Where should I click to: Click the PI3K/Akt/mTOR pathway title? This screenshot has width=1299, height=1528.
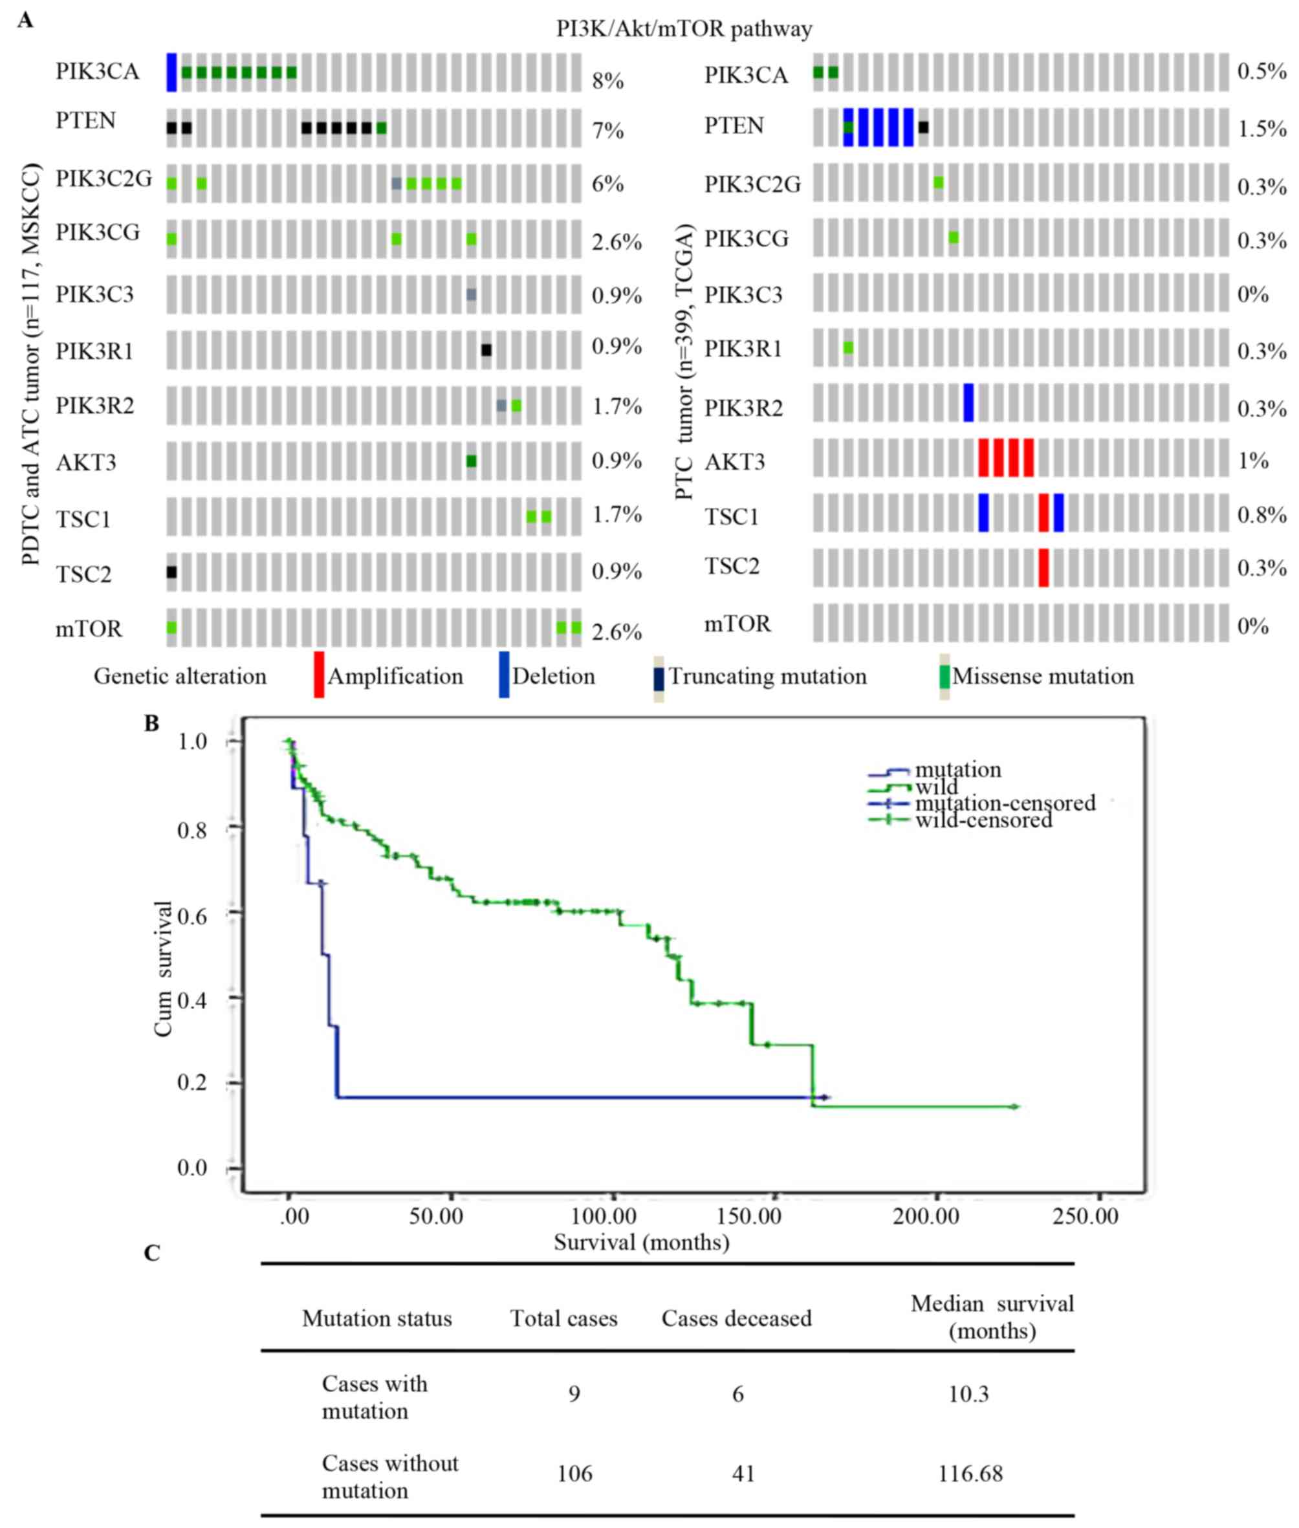tap(684, 28)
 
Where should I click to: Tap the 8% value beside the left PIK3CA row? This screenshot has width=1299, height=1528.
tap(607, 80)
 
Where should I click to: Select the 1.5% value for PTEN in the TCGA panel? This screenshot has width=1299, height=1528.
tap(1261, 129)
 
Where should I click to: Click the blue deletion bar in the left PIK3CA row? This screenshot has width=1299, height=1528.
tap(171, 72)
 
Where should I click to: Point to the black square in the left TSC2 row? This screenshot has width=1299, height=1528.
tap(171, 571)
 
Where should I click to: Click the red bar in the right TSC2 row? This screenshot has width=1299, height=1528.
tap(1043, 567)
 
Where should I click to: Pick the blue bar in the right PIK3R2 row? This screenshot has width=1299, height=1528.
tap(968, 403)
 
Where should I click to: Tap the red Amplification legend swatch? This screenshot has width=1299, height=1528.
tap(319, 674)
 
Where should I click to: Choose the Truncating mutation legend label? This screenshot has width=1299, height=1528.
tap(767, 676)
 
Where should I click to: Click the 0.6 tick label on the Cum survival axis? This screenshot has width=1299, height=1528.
tap(192, 915)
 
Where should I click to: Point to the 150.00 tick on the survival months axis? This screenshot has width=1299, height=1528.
tap(749, 1215)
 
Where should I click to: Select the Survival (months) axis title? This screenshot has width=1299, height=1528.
tap(641, 1242)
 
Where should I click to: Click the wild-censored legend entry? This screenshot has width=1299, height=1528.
tap(983, 820)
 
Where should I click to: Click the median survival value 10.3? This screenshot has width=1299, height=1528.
tap(968, 1393)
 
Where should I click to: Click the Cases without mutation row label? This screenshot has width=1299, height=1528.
tap(389, 1476)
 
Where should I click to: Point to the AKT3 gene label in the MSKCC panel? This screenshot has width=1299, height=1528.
tap(86, 463)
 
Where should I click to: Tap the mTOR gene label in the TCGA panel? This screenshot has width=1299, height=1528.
tap(737, 624)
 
